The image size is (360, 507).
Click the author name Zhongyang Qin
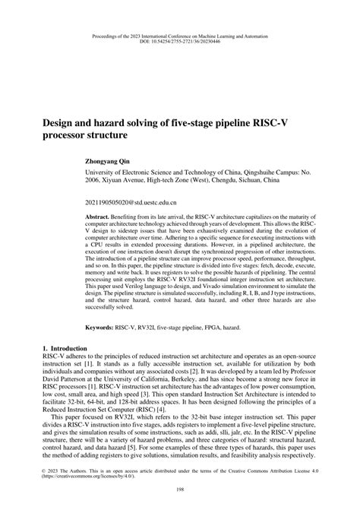pyautogui.click(x=114, y=161)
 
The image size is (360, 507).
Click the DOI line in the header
pyautogui.click(x=179, y=43)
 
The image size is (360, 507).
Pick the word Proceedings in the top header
pyautogui.click(x=106, y=36)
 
